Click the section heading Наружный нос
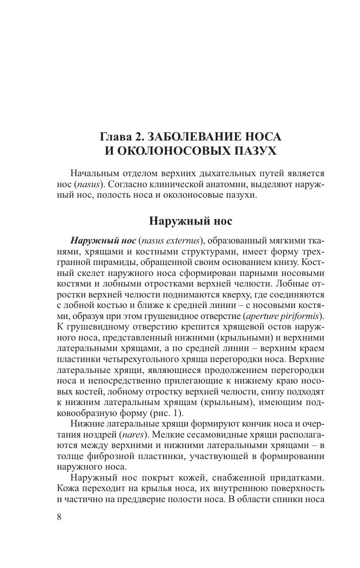point(191,221)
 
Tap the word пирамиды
point(102,263)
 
